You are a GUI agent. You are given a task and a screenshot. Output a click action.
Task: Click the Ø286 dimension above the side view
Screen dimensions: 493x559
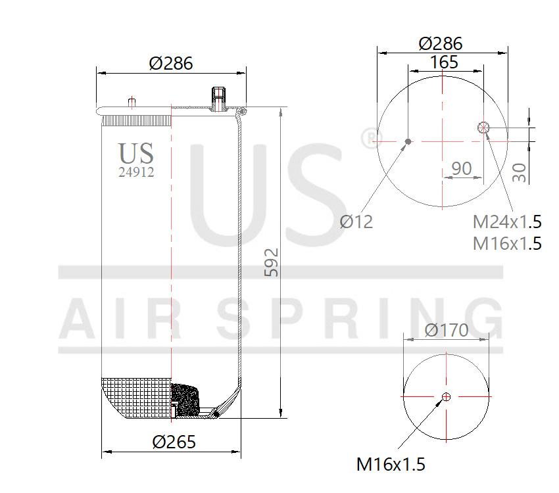(170, 63)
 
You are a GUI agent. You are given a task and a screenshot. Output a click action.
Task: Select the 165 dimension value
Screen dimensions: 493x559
(445, 62)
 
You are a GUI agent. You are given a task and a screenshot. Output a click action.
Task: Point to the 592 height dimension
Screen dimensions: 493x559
(272, 262)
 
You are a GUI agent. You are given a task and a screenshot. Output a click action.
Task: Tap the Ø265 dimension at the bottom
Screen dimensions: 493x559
(174, 442)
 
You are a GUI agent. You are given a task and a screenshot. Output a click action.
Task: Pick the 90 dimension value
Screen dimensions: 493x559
(462, 168)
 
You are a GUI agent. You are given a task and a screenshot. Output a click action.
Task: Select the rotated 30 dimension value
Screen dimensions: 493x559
(520, 172)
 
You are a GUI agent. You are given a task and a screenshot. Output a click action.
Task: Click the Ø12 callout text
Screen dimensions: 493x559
(356, 222)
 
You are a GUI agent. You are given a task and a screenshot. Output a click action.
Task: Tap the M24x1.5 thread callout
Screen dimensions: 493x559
(507, 222)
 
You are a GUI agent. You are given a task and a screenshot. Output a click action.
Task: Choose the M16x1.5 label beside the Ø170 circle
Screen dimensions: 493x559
(391, 464)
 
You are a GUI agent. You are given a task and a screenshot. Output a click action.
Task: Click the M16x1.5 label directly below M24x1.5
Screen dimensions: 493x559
(507, 243)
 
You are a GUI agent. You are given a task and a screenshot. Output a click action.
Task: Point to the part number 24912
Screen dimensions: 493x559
(136, 173)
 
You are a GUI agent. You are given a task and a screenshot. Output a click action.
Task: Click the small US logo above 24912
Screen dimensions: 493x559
(136, 153)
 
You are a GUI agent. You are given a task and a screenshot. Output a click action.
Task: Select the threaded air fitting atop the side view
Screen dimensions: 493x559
(218, 99)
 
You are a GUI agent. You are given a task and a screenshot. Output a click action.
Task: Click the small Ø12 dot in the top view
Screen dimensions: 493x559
(408, 141)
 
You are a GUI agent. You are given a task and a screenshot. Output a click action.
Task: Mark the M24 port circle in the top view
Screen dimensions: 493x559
(485, 128)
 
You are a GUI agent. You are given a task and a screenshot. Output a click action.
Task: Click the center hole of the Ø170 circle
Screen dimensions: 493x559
(447, 396)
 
